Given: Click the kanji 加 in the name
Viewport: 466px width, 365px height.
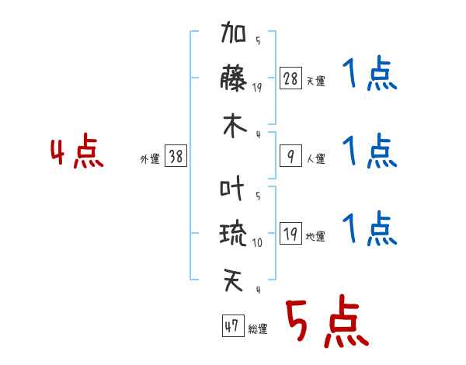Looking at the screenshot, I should pos(234,36).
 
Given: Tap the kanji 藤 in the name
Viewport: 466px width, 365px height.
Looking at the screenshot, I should pos(234,80).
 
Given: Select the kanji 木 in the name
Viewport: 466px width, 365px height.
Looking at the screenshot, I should pos(234,126).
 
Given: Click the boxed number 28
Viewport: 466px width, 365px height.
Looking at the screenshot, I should pos(290,78).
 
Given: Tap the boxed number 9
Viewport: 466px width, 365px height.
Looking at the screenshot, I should pos(290,157).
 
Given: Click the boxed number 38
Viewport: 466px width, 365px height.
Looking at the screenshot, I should pos(176,156).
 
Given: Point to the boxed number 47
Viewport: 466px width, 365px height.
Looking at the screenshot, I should pos(231,326).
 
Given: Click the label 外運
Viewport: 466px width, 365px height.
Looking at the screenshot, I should pos(150,159).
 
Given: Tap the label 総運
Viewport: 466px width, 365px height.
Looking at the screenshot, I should pos(257,329).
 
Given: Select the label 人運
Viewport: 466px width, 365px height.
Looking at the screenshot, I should pos(315,159).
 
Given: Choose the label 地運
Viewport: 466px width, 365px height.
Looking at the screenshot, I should pos(315,237).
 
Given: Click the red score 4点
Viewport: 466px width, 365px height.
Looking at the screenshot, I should pos(76,153).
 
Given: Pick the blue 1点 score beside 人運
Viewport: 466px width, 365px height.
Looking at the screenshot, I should pos(369,151).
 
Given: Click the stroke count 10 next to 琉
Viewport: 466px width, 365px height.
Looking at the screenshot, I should pos(257,242).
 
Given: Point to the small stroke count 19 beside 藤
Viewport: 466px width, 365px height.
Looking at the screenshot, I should pos(257,87).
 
